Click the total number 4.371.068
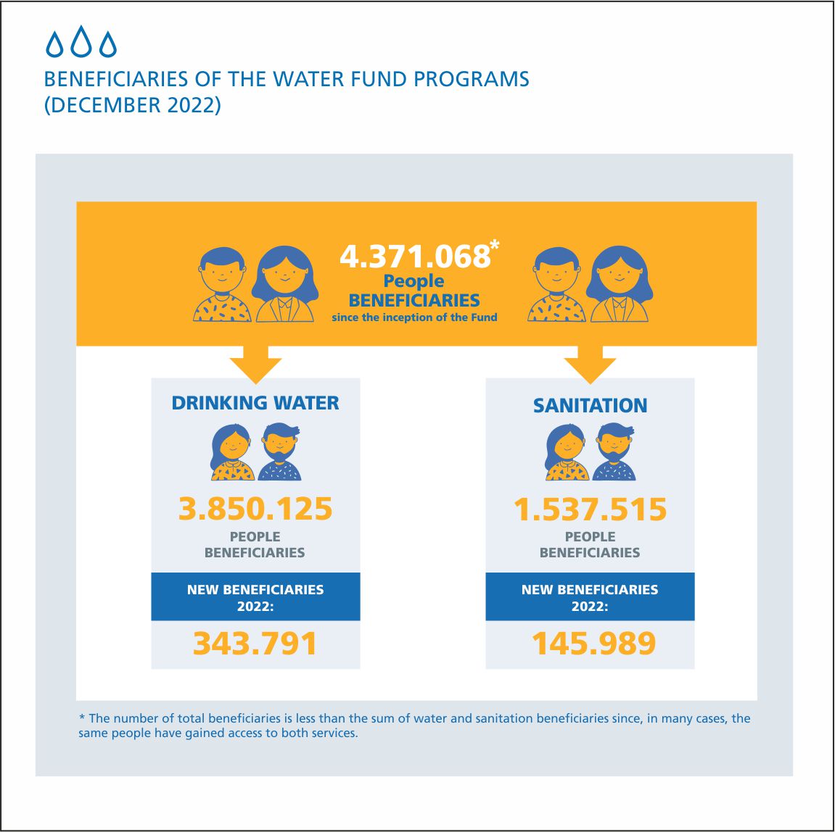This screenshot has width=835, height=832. [415, 257]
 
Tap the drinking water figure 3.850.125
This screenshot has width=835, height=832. [255, 509]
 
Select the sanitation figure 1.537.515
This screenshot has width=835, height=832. [590, 509]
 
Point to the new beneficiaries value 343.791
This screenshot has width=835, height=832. [255, 643]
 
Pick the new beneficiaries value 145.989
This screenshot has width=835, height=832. [593, 643]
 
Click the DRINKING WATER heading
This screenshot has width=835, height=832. [255, 403]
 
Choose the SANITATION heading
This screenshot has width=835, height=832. [590, 405]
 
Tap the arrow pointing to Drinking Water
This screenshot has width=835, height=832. [255, 365]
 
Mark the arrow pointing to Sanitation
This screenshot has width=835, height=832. [590, 365]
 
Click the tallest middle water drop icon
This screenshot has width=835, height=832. [81, 41]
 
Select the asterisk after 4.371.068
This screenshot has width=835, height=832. [495, 245]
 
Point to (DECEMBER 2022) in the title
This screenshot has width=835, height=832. [132, 105]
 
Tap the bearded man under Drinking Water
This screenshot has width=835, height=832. [280, 452]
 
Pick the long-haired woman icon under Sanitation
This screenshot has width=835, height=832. [567, 452]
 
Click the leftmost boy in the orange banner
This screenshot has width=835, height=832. [222, 285]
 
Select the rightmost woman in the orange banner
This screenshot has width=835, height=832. [620, 284]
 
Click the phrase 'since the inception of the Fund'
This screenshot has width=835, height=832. [414, 317]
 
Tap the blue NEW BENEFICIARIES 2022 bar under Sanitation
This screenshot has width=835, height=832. [590, 596]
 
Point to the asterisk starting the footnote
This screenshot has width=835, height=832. [82, 717]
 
